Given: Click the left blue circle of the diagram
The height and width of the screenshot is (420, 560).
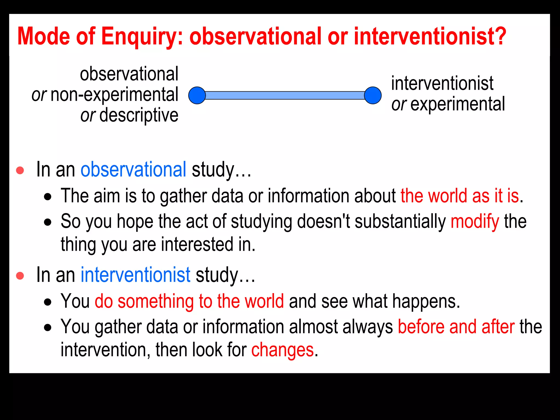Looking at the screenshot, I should click(197, 95).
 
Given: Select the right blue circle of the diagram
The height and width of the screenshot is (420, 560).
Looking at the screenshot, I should click(373, 95).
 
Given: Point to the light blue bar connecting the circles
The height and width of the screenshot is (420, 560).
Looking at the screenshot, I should click(285, 95).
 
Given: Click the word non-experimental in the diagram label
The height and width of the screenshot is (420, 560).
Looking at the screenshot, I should click(114, 95).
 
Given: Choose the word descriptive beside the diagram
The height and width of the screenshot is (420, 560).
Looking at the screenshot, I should click(139, 115).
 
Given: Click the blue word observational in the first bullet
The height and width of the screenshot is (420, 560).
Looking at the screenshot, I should click(133, 170).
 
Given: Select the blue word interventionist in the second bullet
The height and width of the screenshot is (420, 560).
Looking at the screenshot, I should click(135, 275).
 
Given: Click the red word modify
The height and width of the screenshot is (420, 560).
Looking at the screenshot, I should click(475, 221).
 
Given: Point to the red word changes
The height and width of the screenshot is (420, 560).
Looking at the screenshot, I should click(282, 350).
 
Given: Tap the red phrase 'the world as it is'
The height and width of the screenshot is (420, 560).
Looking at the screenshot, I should click(460, 196).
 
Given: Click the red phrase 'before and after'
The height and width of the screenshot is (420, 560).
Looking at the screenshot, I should click(456, 327).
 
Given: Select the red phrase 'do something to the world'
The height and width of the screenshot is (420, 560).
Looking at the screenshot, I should click(189, 301).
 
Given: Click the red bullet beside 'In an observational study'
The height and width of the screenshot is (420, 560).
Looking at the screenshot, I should click(20, 170).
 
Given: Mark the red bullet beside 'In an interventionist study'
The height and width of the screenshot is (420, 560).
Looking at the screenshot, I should click(20, 276).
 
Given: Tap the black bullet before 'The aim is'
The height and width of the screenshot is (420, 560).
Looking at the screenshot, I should click(48, 197).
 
